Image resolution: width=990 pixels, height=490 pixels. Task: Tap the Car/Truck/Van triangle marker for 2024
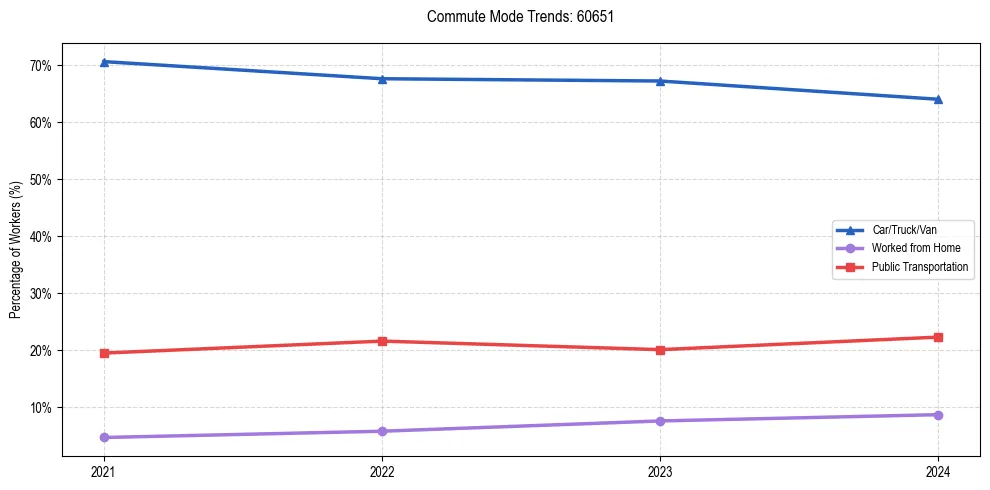938,99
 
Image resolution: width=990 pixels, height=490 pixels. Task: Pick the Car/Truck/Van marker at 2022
382,79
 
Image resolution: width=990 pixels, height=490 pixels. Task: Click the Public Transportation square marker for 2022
382,341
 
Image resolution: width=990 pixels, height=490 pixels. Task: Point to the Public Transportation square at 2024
938,337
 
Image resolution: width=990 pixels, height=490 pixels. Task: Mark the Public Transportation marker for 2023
660,350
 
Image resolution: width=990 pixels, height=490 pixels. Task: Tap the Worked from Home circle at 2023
660,421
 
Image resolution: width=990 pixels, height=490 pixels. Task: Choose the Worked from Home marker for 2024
938,415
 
